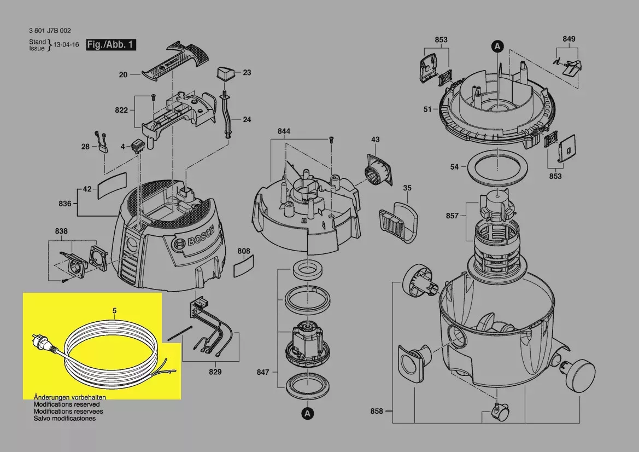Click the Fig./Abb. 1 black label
(111, 44)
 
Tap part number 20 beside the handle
(123, 74)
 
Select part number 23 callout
(247, 73)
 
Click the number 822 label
(121, 110)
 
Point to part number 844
(284, 131)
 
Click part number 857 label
(452, 216)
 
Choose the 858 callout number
(377, 411)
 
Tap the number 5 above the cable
(114, 311)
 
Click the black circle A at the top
(497, 47)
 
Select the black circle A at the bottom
(308, 414)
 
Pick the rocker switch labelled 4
(137, 146)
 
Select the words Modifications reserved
(67, 404)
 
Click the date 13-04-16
(67, 45)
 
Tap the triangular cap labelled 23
(225, 74)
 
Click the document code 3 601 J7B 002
(50, 31)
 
